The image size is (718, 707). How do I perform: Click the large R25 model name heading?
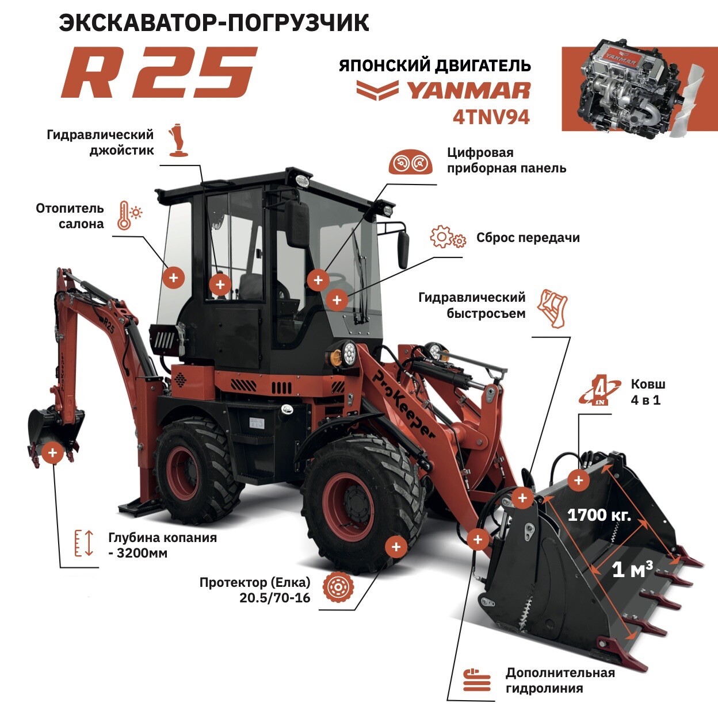coord(159,71)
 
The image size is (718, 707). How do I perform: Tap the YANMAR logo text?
coord(468,91)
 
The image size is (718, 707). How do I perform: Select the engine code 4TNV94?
coord(491,118)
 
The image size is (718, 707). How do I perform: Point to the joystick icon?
coord(178,140)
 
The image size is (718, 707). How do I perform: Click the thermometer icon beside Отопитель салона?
coord(129,216)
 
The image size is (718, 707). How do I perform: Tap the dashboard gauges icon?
coord(410,162)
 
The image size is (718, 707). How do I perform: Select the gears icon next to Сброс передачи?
coord(448,237)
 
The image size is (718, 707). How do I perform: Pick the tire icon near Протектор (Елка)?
coord(338,587)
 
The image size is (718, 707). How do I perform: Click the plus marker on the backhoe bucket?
coord(52,453)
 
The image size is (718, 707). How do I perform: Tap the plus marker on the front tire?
coord(396,547)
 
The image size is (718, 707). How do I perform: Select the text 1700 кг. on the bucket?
coord(599,515)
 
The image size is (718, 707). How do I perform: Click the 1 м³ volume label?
coord(633,570)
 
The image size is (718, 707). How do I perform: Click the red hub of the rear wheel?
coord(184,473)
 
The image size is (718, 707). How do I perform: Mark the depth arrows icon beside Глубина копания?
coord(84,543)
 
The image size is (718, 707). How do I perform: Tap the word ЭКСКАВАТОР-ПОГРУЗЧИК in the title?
coord(214,23)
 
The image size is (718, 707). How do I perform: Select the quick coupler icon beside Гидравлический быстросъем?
coord(552,308)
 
